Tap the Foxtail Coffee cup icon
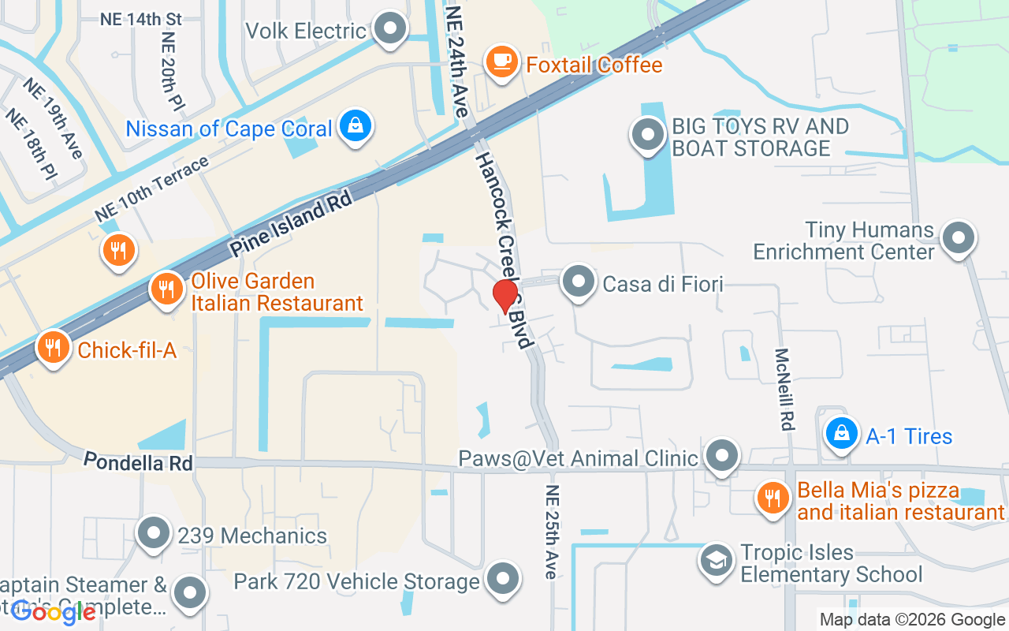click(501, 61)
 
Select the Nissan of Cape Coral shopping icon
click(356, 125)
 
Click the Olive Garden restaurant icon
click(166, 288)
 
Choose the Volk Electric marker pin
click(388, 29)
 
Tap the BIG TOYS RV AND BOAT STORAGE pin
click(648, 134)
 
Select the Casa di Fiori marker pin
click(579, 281)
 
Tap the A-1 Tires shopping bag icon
click(842, 433)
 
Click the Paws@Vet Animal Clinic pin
click(720, 455)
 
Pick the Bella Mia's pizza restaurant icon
click(773, 497)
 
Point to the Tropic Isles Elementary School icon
click(716, 560)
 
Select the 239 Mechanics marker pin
click(154, 533)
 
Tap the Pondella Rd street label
click(138, 461)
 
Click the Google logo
click(54, 612)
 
